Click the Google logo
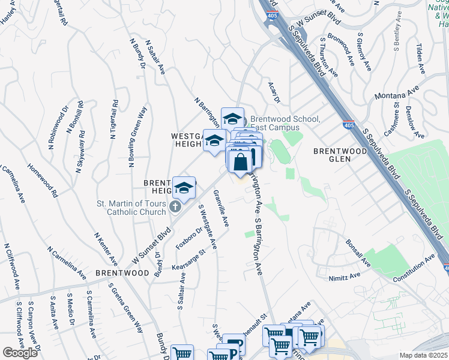[x=20, y=353]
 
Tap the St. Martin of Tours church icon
[x=175, y=208]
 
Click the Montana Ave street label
[x=396, y=94]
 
